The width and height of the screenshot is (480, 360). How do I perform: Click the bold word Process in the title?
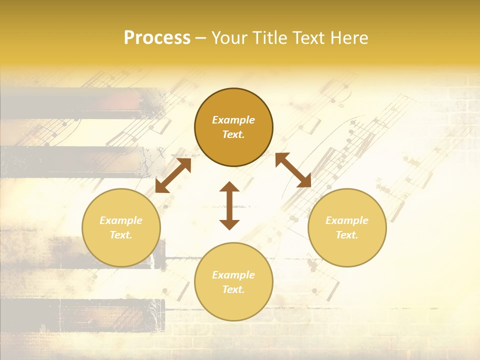coord(157,38)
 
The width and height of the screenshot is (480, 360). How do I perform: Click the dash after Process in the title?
coord(201,38)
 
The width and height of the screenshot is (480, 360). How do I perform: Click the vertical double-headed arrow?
coord(229,205)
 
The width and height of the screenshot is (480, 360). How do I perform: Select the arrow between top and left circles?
coord(173,175)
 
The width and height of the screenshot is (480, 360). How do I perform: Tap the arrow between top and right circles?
coord(293,170)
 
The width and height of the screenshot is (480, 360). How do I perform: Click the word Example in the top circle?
coord(233,120)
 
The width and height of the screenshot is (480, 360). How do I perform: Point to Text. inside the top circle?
coord(233,134)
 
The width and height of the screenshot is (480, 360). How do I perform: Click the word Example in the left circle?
coord(121,220)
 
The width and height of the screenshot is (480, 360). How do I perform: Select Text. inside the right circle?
coord(347,235)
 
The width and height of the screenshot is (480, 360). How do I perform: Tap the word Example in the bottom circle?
coord(233,275)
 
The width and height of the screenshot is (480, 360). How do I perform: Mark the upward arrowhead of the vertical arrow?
coord(229,187)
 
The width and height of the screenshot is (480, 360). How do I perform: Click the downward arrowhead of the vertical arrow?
coord(229,224)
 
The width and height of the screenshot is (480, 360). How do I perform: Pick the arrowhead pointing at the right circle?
coord(305,181)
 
